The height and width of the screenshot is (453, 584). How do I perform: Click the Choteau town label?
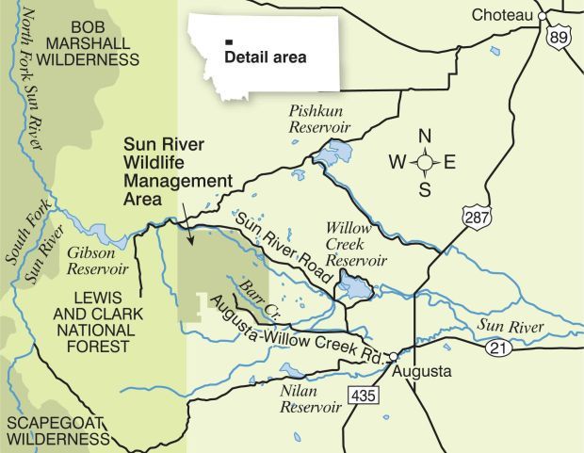pos(503,14)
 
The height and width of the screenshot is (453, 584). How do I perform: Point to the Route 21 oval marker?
pos(499,348)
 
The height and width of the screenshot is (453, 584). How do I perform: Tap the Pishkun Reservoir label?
pos(318,120)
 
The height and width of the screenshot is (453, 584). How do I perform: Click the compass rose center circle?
pos(425,163)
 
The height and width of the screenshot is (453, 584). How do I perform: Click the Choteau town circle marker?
pos(543,15)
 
